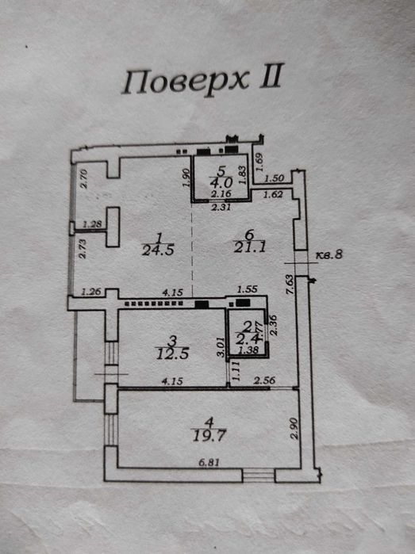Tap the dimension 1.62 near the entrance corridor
(274, 193)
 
